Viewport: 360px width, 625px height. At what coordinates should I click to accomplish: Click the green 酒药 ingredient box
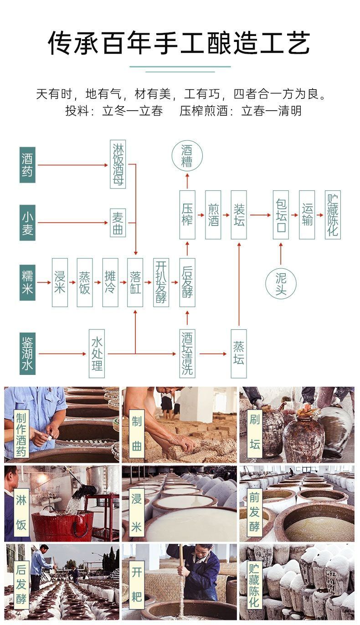coord(27,165)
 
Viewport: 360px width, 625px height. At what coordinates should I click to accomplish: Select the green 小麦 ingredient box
coord(27,223)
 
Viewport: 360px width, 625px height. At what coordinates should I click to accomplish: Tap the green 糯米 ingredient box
coord(27,282)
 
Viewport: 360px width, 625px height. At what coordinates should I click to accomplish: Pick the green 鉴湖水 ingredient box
coord(27,353)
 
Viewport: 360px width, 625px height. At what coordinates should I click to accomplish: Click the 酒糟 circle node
coord(187,156)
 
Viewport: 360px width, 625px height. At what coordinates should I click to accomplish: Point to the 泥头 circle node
coord(281,284)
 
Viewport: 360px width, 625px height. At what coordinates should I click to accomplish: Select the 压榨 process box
coord(187,215)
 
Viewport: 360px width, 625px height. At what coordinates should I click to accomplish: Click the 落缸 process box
coord(135,282)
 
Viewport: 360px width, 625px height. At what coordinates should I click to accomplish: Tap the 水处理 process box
coord(97,353)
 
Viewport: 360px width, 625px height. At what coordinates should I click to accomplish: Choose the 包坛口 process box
coord(281,215)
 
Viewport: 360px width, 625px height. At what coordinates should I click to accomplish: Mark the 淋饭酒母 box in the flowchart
coord(118,164)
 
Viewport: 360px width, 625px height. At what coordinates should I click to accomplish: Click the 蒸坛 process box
coord(238,353)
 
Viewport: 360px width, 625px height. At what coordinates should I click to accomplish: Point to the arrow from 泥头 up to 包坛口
coord(281,253)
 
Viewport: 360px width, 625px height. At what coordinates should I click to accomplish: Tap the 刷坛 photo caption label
coord(255,432)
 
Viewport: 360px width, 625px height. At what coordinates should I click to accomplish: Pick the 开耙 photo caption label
coord(137,584)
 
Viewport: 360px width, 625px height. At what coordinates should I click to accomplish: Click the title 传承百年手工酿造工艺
coord(180,44)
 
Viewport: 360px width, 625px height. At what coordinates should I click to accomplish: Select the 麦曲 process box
coord(118,223)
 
